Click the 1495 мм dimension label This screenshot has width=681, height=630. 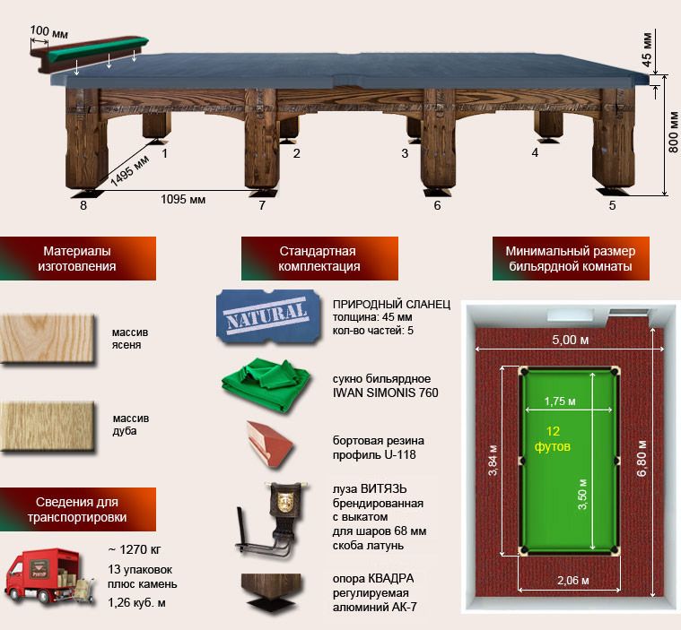[129, 170]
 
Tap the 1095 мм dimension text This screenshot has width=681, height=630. [183, 200]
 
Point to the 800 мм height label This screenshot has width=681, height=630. [673, 133]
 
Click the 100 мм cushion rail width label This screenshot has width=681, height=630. [48, 31]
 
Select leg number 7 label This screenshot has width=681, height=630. [262, 205]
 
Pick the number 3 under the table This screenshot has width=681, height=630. [405, 153]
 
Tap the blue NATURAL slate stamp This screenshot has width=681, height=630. [268, 316]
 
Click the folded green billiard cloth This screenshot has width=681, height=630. [266, 384]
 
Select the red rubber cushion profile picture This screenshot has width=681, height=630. [269, 444]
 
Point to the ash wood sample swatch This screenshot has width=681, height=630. [48, 339]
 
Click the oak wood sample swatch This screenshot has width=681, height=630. [48, 426]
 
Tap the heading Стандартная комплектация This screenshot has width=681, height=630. [319, 259]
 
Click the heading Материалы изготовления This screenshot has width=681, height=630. [77, 259]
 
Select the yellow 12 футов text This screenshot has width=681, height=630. [553, 438]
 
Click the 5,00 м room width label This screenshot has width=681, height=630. [571, 340]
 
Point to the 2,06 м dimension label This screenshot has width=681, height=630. [573, 581]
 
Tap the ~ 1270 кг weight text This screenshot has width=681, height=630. [135, 549]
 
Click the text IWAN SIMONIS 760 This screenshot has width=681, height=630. [385, 393]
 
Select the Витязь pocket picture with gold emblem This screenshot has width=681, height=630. [272, 520]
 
